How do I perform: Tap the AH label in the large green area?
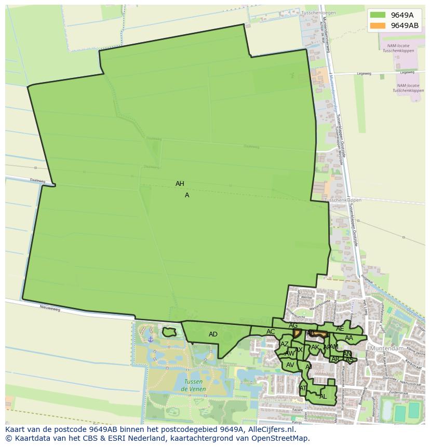tap(180, 184)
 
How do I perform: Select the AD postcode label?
tap(213, 334)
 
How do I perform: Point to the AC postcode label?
tap(271, 332)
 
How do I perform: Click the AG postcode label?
tap(293, 326)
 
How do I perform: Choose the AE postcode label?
tap(340, 329)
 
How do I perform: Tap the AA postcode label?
tap(349, 338)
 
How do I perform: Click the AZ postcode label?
tap(284, 344)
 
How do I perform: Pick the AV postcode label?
tap(290, 365)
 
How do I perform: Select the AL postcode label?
tap(323, 396)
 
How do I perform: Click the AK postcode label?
tap(315, 347)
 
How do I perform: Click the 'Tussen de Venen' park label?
tap(193, 385)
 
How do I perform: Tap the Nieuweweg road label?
tap(50, 308)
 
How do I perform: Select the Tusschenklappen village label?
tap(342, 200)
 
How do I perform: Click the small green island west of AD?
tap(169, 331)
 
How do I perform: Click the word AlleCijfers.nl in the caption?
tap(271, 429)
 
